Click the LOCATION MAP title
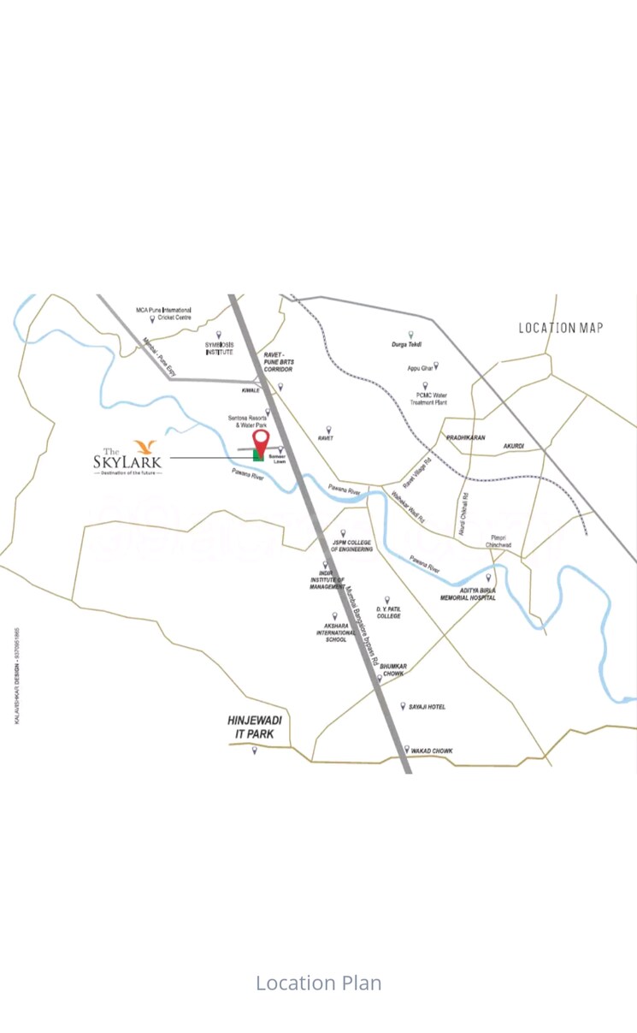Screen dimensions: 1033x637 [x=560, y=327]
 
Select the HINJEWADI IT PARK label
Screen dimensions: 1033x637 [x=255, y=727]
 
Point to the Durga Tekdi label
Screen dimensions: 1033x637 [x=407, y=344]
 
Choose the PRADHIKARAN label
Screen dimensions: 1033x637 [x=465, y=437]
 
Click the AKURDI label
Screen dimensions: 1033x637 [x=513, y=446]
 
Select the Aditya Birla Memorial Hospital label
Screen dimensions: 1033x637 [x=468, y=594]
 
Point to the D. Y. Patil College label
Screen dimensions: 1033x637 [x=388, y=612]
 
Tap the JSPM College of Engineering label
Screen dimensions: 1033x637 [x=351, y=545]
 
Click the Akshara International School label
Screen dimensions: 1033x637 [x=336, y=632]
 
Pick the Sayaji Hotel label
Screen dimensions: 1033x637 [x=427, y=707]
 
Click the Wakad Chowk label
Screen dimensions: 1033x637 [x=432, y=751]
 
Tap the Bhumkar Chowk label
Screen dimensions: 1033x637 [x=392, y=669]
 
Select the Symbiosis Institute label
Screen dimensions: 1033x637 [x=219, y=348]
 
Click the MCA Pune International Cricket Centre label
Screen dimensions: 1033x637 [x=163, y=313]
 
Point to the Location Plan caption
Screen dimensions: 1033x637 [x=318, y=983]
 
